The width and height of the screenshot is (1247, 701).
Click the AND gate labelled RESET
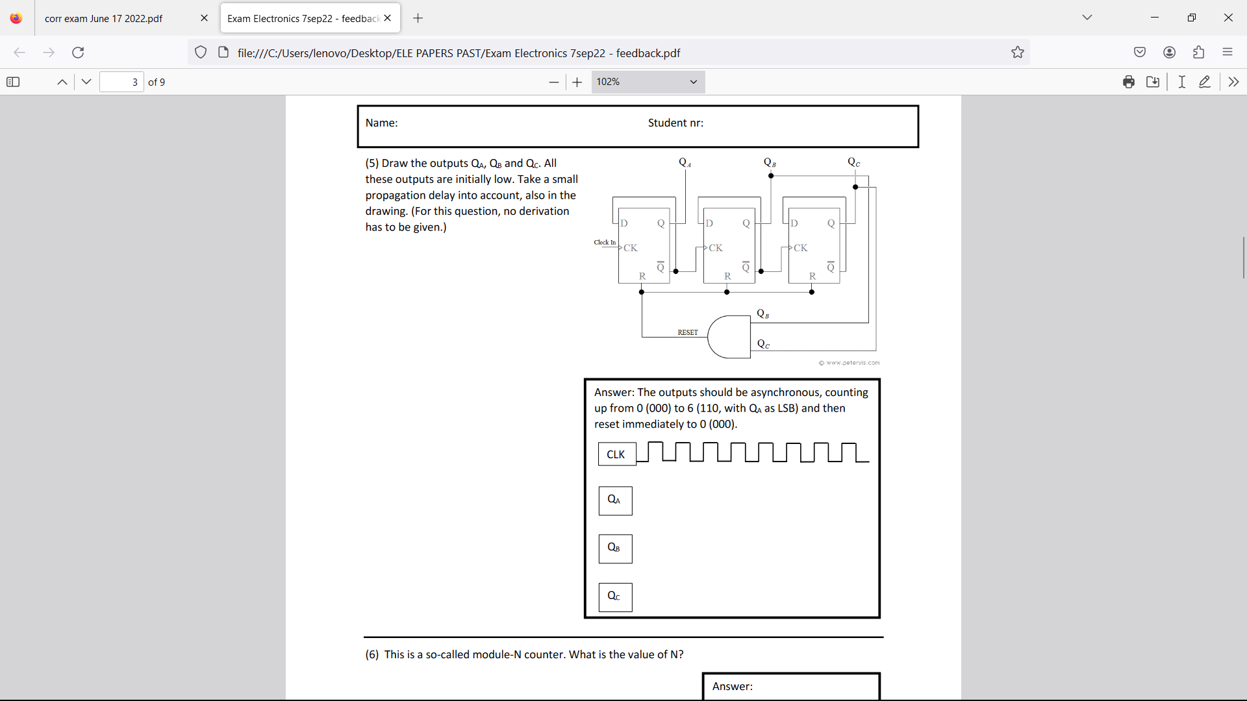(729, 337)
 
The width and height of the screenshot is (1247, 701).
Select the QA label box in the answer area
(615, 500)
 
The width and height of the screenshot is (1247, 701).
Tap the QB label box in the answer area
(615, 548)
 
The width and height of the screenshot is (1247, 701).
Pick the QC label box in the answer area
(615, 596)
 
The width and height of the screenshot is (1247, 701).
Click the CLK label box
(616, 454)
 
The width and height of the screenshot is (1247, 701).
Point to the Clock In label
(605, 243)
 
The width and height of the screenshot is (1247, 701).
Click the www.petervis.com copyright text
(850, 363)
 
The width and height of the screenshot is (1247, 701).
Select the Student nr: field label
(675, 123)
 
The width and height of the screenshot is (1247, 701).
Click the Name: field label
(381, 123)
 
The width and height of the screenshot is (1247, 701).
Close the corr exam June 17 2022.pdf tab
(204, 18)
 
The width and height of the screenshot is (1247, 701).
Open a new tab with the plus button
(418, 18)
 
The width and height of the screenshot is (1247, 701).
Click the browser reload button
(78, 53)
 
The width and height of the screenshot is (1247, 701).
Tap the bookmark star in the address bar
(1018, 53)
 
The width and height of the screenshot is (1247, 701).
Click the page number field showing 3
(121, 82)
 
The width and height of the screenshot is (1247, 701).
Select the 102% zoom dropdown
(648, 82)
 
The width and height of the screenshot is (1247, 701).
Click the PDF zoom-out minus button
(553, 82)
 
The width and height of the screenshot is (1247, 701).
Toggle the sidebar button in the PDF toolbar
(13, 82)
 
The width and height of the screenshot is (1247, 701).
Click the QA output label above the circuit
(685, 162)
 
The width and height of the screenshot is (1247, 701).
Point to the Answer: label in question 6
(732, 687)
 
